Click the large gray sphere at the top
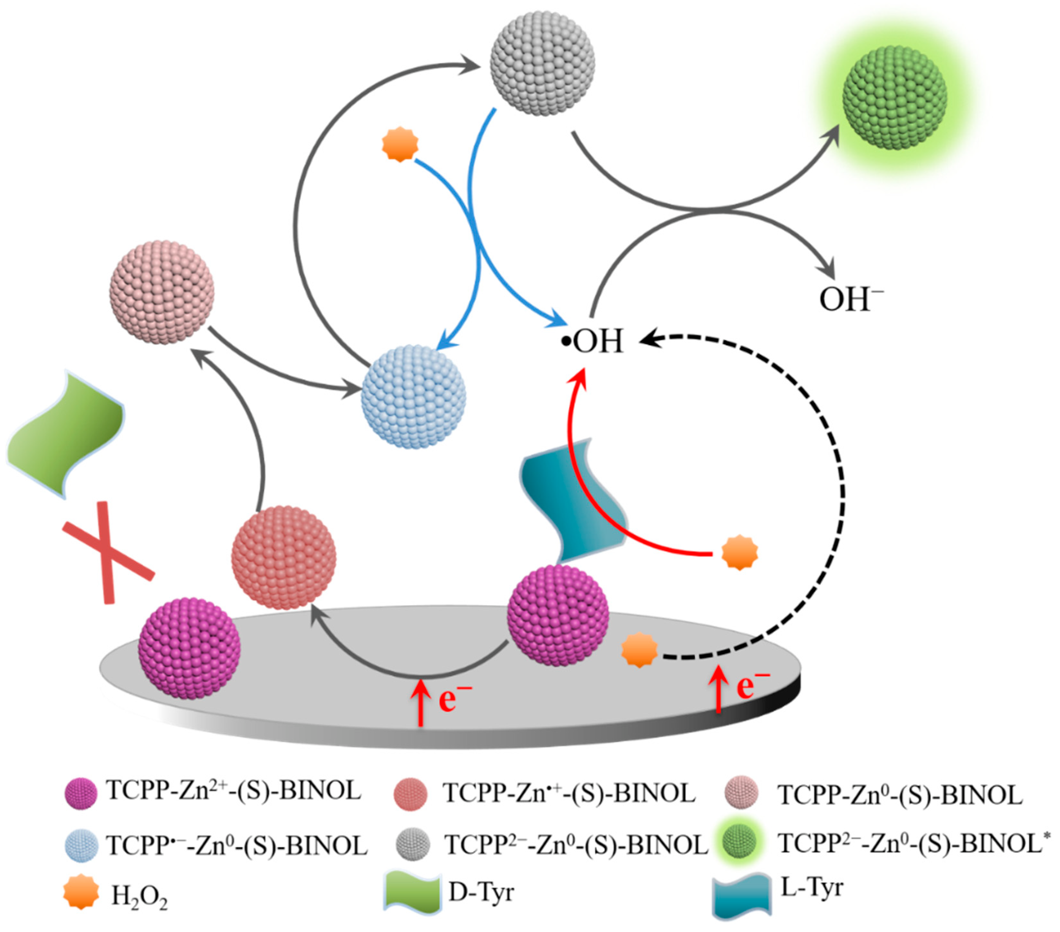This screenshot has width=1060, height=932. pos(542,62)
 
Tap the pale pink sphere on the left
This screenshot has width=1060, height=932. pos(162,292)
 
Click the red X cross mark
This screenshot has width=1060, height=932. pos(108,552)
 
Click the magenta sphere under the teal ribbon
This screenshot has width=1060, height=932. pos(557,616)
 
